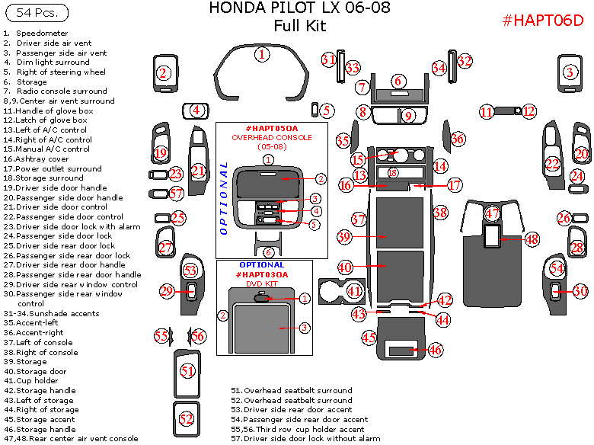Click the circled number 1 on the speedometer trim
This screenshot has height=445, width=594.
tap(262, 54)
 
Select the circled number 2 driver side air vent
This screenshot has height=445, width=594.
tap(163, 73)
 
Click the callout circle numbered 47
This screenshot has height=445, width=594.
tap(493, 214)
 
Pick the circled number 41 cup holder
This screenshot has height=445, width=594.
tap(354, 290)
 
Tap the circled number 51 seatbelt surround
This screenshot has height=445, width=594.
tap(187, 370)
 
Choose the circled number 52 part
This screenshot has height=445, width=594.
tap(187, 418)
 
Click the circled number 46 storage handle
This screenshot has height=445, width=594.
tap(435, 351)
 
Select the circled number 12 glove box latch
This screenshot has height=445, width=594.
tap(529, 111)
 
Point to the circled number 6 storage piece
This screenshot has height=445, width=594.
tap(397, 81)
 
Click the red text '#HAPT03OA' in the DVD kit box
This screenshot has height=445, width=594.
tap(262, 274)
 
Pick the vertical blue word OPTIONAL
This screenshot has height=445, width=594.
tap(223, 197)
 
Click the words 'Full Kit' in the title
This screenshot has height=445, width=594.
tap(299, 26)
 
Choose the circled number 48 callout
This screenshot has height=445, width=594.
tap(532, 239)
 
